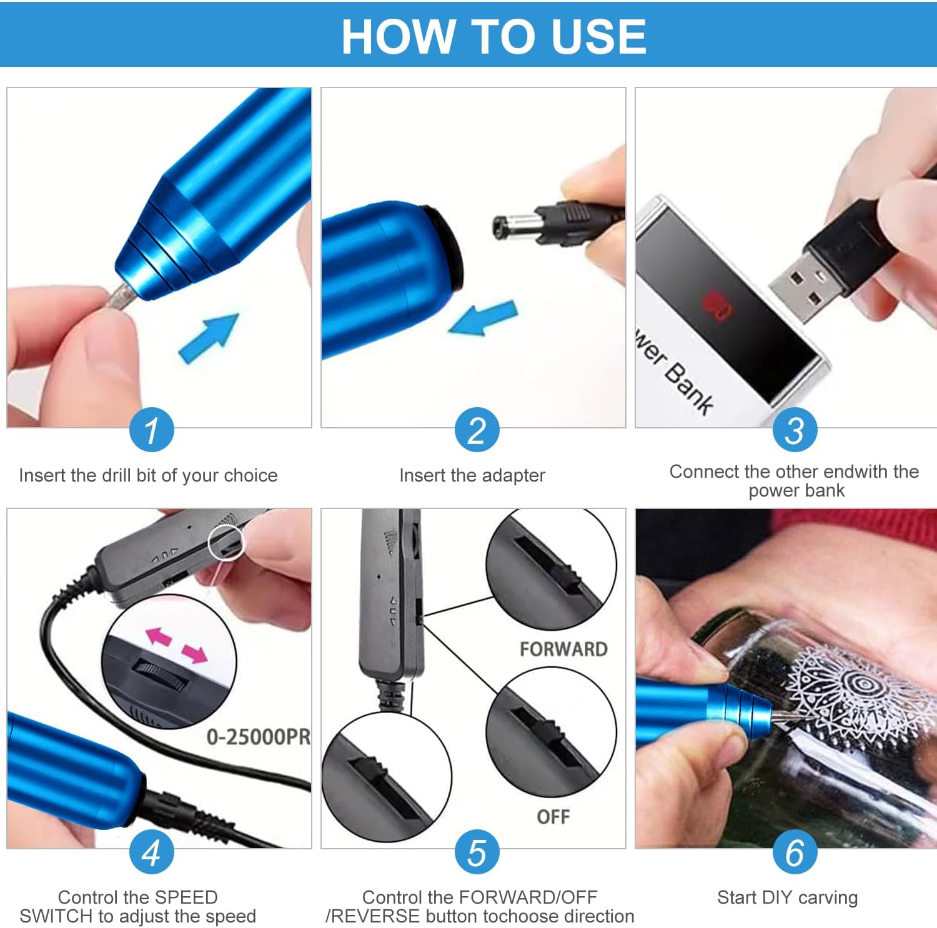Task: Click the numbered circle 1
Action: tap(151, 430)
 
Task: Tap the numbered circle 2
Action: tap(477, 430)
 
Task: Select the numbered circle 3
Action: tap(794, 430)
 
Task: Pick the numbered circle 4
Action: tap(151, 852)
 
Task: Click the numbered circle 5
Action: tap(477, 852)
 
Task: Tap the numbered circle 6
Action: tap(794, 852)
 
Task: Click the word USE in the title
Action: tap(599, 36)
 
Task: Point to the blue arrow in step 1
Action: tap(209, 337)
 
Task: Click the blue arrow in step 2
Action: tap(483, 318)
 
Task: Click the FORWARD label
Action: tap(563, 649)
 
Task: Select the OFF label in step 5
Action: tap(553, 816)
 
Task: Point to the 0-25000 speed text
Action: tap(258, 737)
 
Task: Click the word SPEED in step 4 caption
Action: tap(186, 897)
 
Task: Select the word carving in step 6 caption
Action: tap(828, 897)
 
